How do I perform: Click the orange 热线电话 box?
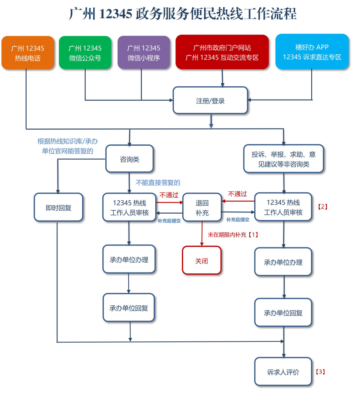(28, 53)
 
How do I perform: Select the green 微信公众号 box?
(85, 53)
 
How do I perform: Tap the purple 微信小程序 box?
(143, 53)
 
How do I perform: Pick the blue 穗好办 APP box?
(312, 52)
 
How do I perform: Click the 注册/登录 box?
(210, 101)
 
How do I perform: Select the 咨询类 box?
(129, 159)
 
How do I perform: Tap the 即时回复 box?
(58, 208)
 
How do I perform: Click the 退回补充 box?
(202, 208)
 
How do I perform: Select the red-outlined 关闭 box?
(202, 261)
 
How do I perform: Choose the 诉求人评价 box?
(283, 372)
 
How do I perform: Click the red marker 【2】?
(322, 207)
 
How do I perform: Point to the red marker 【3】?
(320, 371)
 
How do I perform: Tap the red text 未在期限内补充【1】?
(233, 235)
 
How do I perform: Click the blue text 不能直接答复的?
(158, 183)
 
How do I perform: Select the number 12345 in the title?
(116, 14)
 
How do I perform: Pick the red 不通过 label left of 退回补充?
(169, 195)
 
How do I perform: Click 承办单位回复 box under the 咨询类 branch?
(129, 308)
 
